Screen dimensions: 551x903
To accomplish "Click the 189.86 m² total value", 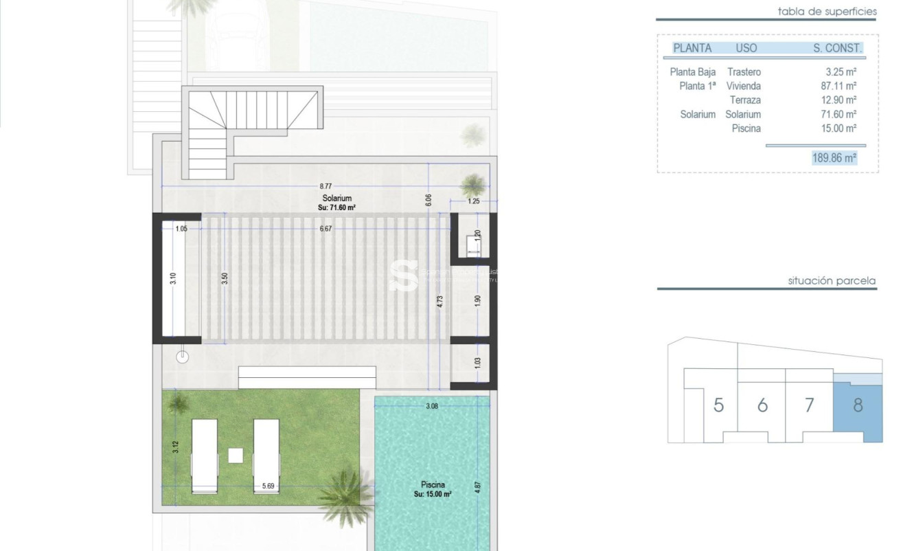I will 834,158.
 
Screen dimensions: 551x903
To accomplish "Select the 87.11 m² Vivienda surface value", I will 841,86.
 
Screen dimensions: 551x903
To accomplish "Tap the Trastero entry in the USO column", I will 744,71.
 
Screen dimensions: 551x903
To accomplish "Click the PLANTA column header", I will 692,48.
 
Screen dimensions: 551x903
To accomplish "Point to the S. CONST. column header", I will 836,48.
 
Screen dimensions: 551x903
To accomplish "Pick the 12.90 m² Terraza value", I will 841,100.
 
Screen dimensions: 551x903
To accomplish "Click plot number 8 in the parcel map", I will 858,405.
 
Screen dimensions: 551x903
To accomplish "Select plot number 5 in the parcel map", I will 718,405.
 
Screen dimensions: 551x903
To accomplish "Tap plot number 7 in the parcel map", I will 809,405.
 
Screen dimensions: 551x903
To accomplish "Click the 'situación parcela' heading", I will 832,281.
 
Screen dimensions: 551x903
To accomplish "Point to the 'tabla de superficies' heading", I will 827,11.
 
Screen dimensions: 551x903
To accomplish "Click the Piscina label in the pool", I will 433,485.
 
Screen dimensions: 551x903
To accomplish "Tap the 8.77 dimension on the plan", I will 325,185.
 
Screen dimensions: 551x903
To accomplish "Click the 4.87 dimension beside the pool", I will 478,486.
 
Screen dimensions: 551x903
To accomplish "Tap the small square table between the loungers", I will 236,455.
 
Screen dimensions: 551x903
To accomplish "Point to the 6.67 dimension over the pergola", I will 325,229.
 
